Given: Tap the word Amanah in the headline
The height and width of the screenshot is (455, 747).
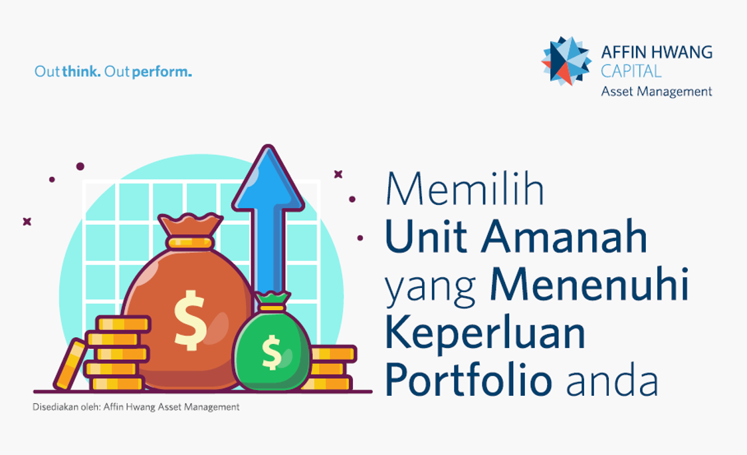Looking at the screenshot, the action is point(564,236).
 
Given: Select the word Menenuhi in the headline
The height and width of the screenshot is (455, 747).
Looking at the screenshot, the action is point(589,284).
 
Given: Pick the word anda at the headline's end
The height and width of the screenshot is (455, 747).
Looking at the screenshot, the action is point(612,382).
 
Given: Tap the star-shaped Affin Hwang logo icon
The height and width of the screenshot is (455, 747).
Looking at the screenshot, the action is point(566,61).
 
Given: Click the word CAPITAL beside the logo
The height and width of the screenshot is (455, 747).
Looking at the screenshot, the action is point(631,71).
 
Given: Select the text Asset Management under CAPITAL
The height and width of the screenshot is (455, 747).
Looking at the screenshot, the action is point(657,91).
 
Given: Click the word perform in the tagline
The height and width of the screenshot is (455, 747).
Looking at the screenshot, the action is point(160,72).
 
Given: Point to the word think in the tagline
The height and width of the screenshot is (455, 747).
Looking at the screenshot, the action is point(80,72).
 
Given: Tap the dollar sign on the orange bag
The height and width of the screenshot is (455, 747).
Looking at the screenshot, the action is point(189,320).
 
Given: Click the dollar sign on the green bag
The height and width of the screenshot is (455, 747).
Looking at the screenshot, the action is point(272,353).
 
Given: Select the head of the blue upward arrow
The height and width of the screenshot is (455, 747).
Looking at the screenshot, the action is point(268,180).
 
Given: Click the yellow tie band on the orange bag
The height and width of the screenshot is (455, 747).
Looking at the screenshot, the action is point(190,243).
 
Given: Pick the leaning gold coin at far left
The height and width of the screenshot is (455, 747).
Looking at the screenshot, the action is point(70,364).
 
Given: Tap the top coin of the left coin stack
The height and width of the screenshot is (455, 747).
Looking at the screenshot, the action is point(124,325).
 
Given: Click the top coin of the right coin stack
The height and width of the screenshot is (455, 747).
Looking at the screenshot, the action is point(333,353).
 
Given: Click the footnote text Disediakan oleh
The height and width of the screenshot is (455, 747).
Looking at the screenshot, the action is point(66,407).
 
